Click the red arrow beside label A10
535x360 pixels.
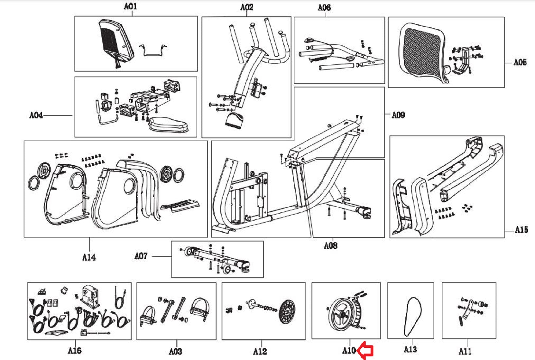point(365,351)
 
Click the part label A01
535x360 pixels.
point(130,6)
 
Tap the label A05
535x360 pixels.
point(520,62)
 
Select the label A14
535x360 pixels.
point(89,257)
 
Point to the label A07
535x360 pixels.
point(141,256)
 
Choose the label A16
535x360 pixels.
point(75,351)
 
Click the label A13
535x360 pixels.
point(410,350)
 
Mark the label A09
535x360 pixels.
point(398,115)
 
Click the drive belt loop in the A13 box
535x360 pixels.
point(412,316)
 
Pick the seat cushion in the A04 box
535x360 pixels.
point(168,124)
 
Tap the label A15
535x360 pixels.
point(521,230)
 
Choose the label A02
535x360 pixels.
point(247,7)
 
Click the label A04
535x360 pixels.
point(36,115)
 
